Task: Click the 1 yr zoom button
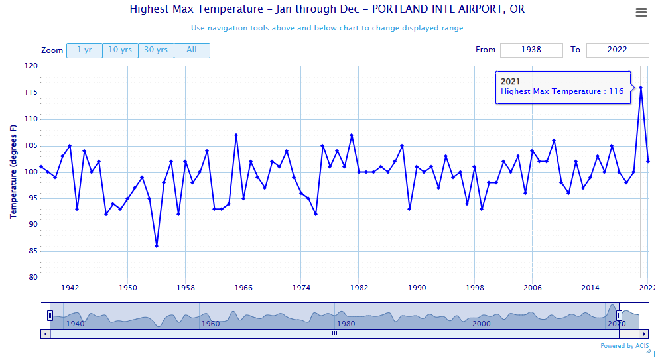tap(84, 50)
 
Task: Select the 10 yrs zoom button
tap(120, 50)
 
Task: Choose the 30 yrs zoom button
tap(156, 50)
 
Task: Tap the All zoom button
tap(192, 50)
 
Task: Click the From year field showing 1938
tap(531, 50)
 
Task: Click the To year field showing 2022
tap(618, 50)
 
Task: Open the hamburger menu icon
tap(641, 13)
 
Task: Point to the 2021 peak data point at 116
tap(641, 88)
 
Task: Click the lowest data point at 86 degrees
tap(157, 246)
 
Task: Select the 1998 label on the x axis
tap(475, 288)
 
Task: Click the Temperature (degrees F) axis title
tap(13, 172)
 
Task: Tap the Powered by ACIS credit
tap(624, 346)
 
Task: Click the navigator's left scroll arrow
tap(45, 334)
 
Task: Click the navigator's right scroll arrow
tap(643, 334)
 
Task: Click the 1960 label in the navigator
tap(210, 323)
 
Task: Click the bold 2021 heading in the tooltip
tap(511, 81)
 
